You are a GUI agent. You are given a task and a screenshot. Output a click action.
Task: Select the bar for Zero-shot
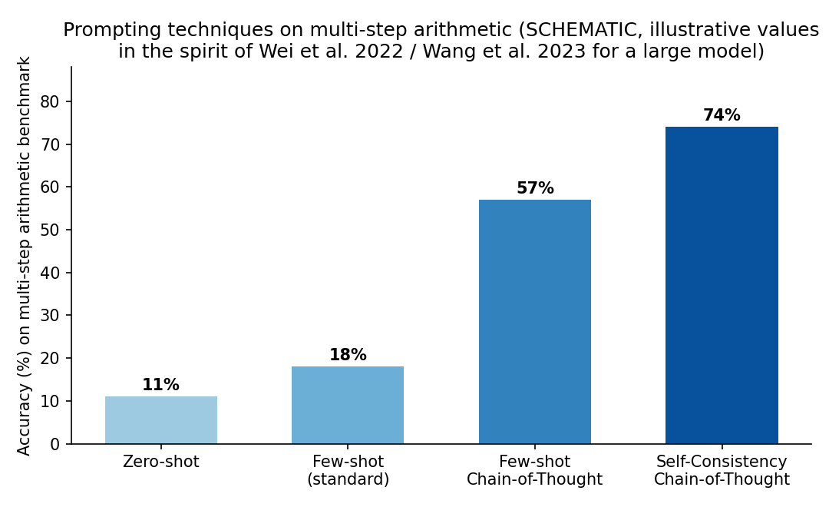tap(160, 419)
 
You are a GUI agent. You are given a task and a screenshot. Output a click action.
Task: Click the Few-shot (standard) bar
tap(348, 405)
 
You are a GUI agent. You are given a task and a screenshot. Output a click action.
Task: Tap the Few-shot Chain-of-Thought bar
tap(534, 321)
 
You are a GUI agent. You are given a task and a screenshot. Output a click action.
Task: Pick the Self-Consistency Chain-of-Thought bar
tap(722, 285)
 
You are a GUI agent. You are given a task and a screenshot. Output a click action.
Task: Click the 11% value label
tap(160, 385)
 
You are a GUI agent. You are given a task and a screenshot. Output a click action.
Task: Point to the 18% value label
tap(348, 355)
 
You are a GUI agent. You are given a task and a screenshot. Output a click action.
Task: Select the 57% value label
tap(535, 188)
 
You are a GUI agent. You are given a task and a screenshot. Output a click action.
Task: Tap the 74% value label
tap(722, 114)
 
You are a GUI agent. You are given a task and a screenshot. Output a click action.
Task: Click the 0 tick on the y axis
tap(54, 444)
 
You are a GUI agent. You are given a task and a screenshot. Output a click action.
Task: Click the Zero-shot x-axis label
tap(160, 462)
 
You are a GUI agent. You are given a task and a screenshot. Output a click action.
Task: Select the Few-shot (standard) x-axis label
tap(348, 470)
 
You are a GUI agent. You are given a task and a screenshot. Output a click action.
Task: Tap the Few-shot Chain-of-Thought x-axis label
tap(534, 470)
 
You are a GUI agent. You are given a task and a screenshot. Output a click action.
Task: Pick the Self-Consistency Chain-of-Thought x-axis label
tap(722, 470)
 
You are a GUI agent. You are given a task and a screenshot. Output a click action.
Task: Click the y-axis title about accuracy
tap(24, 256)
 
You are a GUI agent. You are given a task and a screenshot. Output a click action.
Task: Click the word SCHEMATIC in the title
tap(579, 30)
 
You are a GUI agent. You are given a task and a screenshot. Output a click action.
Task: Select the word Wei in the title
tap(274, 51)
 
